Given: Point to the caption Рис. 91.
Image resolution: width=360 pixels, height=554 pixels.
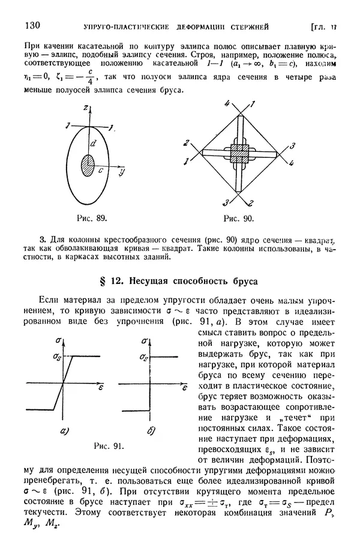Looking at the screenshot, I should click(x=109, y=445).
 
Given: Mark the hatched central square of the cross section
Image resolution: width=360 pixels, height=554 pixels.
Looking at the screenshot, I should click(x=239, y=152).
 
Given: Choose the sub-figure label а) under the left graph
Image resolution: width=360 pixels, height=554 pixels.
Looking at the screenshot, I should click(x=64, y=430).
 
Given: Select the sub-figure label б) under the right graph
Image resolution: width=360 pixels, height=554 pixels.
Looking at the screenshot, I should click(x=151, y=430).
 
